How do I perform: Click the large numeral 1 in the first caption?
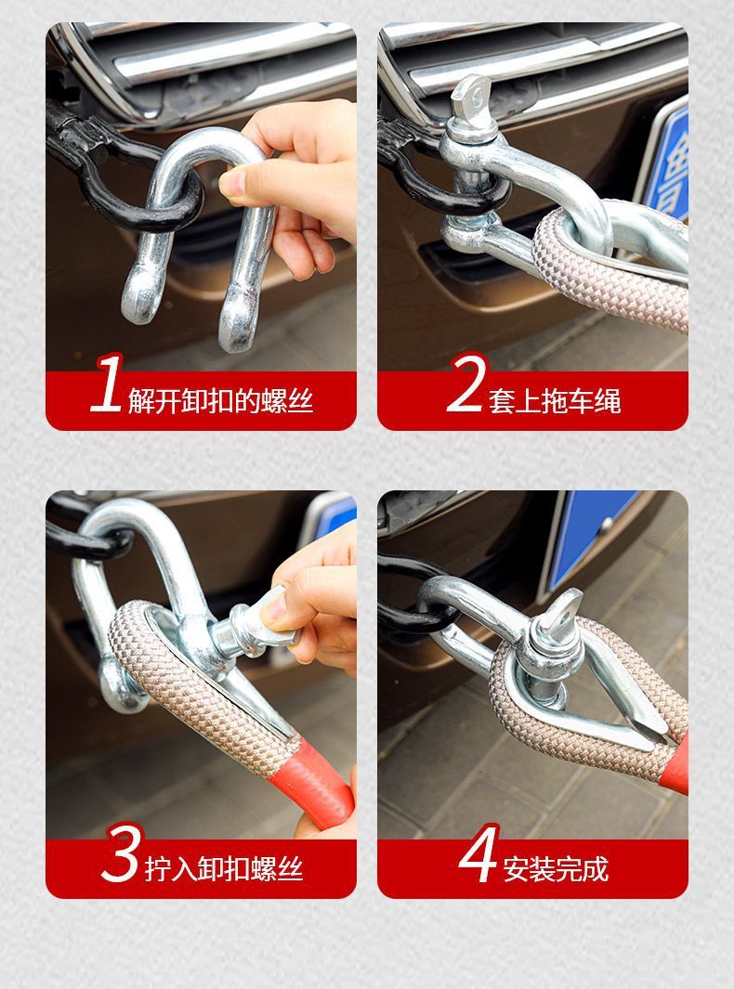[107, 384]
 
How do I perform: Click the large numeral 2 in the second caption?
[465, 384]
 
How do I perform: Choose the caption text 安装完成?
[556, 870]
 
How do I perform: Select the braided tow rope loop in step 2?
[604, 269]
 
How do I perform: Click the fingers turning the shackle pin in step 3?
[307, 604]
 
